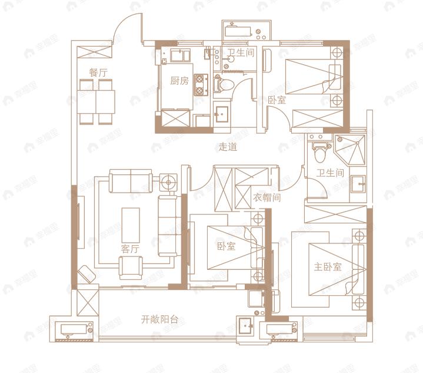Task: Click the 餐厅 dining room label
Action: tap(98, 72)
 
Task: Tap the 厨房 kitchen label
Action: tap(179, 81)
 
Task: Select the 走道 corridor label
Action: tap(228, 147)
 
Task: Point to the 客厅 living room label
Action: tap(130, 249)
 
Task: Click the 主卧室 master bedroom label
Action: tap(328, 267)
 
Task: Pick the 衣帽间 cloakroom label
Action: tap(267, 197)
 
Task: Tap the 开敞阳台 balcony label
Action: tap(159, 319)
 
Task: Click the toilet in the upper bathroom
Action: tap(224, 84)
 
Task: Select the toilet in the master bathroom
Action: tap(320, 152)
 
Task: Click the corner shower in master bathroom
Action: tap(350, 150)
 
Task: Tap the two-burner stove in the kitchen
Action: tap(201, 85)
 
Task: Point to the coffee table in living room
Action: tap(131, 225)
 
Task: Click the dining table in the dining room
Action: tap(96, 102)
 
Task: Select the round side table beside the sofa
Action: tap(169, 183)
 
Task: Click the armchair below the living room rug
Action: tap(131, 268)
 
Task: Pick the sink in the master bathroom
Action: tap(358, 183)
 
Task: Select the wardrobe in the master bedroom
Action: tap(335, 214)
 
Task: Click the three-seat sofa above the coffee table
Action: tap(131, 181)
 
